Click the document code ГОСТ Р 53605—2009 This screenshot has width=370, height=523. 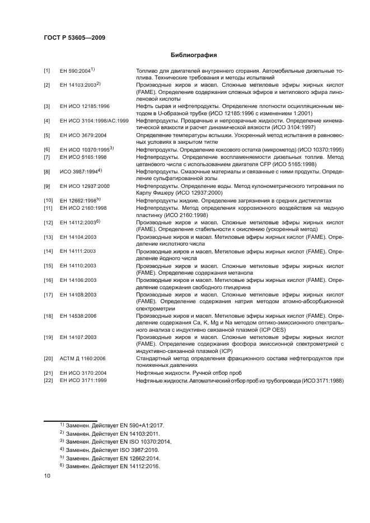(74, 37)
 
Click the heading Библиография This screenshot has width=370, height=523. (193, 55)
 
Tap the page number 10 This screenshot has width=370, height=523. (48, 475)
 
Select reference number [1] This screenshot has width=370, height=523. (48, 71)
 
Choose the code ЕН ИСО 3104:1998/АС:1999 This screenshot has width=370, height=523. (94, 121)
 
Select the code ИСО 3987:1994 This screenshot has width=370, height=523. (78, 172)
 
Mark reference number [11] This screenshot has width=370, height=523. (48, 208)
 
